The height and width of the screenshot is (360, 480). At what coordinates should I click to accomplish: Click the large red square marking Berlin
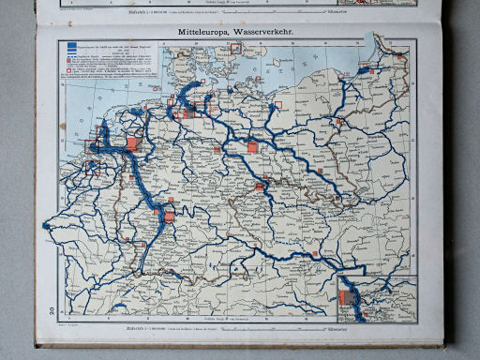tap(251, 146)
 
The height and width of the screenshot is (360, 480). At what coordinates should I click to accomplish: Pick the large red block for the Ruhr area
tap(132, 145)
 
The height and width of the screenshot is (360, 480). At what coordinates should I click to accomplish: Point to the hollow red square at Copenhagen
tap(235, 48)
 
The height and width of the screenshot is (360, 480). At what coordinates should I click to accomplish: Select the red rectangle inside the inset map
tap(346, 300)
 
